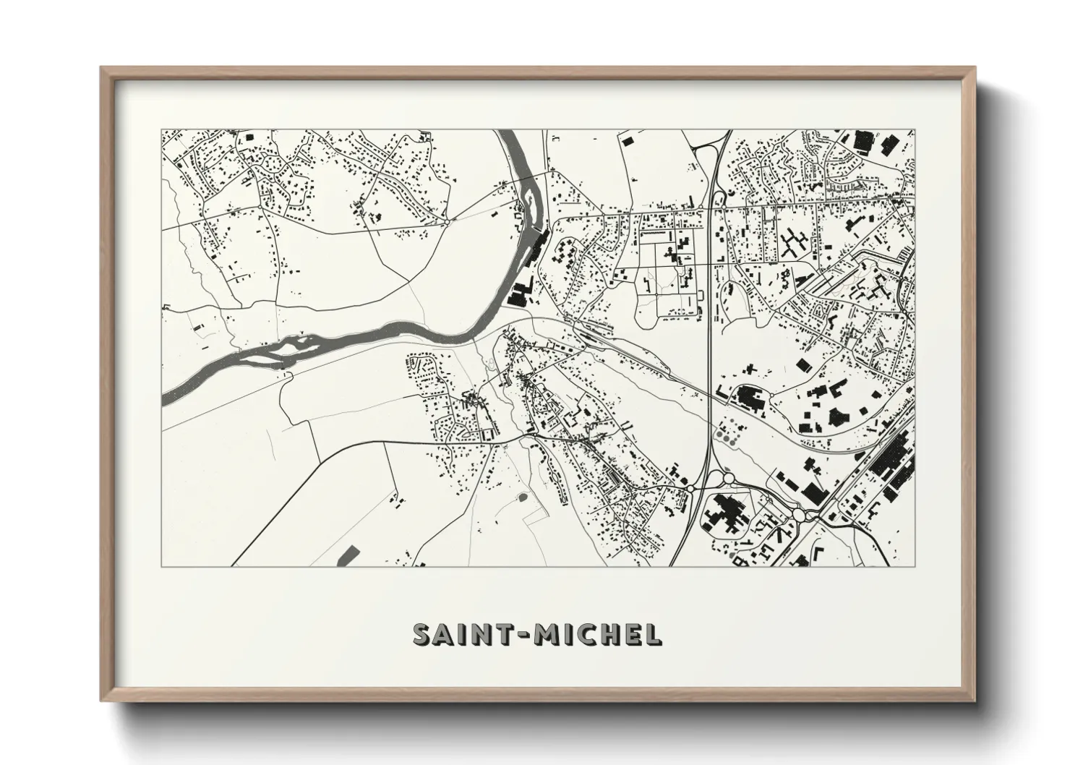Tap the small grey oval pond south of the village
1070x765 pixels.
point(523,497)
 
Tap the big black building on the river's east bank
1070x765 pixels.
point(519,294)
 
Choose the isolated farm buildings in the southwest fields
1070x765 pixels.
point(395,498)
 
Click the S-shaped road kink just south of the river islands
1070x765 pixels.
point(288,375)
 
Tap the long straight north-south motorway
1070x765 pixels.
point(711,325)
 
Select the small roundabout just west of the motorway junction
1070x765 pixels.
point(690,489)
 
